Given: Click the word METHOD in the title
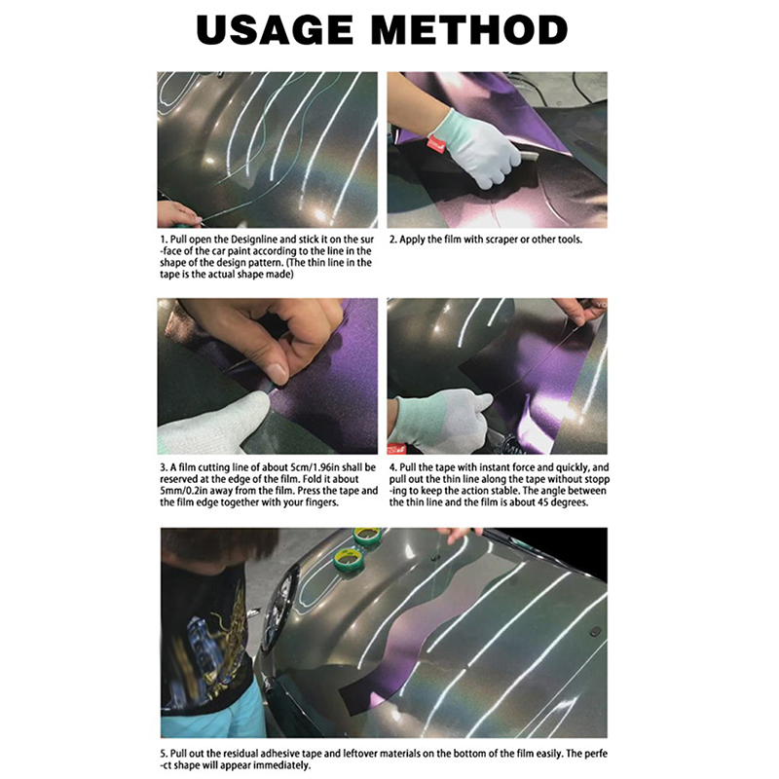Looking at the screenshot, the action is pyautogui.click(x=469, y=30).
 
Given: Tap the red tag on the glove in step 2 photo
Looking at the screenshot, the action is pyautogui.click(x=434, y=144).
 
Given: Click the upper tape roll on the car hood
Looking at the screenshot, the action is pyautogui.click(x=367, y=537).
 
